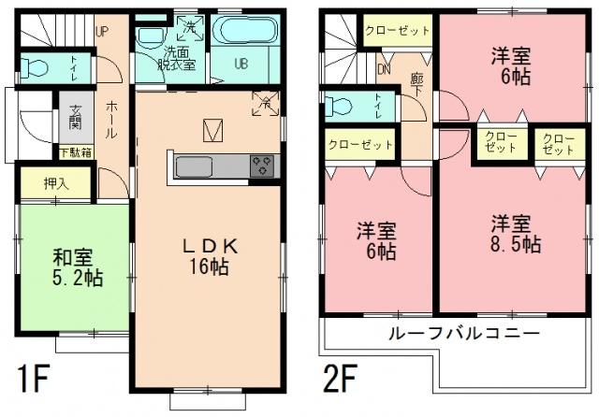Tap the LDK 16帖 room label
pyautogui.click(x=212, y=254)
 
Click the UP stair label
pyautogui.click(x=103, y=29)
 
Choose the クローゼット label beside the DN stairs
pyautogui.click(x=397, y=30)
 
